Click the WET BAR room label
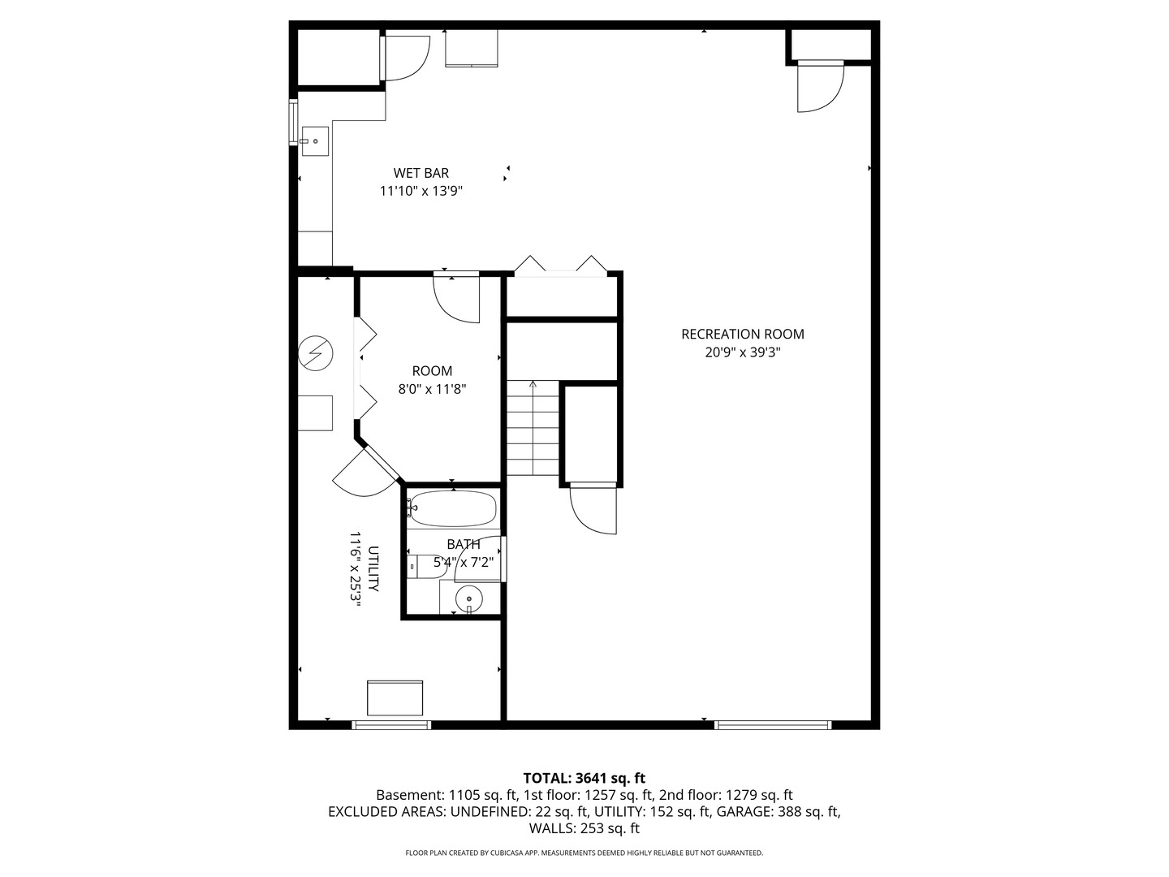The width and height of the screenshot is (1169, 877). pyautogui.click(x=421, y=173)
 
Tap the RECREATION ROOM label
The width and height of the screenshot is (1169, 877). pyautogui.click(x=743, y=335)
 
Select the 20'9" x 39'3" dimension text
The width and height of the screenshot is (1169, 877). pyautogui.click(x=743, y=352)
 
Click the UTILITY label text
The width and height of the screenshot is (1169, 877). pyautogui.click(x=373, y=568)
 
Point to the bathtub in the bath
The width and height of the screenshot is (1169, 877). pyautogui.click(x=452, y=509)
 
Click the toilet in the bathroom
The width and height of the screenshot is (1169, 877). pyautogui.click(x=425, y=566)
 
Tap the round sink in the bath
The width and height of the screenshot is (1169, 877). pyautogui.click(x=468, y=599)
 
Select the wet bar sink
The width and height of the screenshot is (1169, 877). pyautogui.click(x=315, y=141)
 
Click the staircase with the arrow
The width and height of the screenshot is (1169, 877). pyautogui.click(x=533, y=428)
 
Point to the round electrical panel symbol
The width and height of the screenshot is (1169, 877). pyautogui.click(x=315, y=353)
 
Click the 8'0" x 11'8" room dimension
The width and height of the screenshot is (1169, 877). pyautogui.click(x=432, y=389)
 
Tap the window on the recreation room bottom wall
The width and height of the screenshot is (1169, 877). pyautogui.click(x=773, y=724)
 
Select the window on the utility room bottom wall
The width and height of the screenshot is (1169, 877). pyautogui.click(x=391, y=724)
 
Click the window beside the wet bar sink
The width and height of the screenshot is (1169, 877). pyautogui.click(x=293, y=122)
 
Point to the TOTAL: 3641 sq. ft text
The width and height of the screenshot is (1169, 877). pyautogui.click(x=584, y=779)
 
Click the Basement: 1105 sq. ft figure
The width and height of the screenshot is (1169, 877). pyautogui.click(x=446, y=795)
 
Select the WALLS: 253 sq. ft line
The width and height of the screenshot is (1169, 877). pyautogui.click(x=584, y=828)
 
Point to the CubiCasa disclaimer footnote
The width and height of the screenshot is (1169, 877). pyautogui.click(x=584, y=853)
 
